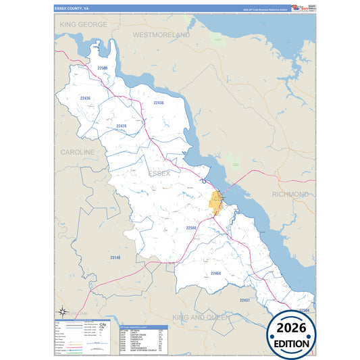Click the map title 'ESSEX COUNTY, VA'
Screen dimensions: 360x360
tap(72, 9)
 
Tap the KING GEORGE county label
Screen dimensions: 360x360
tap(83, 24)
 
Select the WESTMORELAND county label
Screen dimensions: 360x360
tap(161, 33)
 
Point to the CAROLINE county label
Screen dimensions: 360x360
tap(78, 153)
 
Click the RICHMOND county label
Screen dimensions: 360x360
tap(290, 194)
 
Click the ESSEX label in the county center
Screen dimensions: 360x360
tap(159, 174)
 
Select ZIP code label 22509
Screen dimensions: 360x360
tap(102, 68)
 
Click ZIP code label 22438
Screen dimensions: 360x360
tap(159, 103)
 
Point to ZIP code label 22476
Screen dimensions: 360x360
tap(121, 126)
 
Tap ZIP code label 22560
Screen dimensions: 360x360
tap(191, 228)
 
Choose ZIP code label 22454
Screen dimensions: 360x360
tap(215, 273)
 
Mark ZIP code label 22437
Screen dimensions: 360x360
tap(245, 299)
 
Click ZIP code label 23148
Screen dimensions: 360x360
tap(115, 257)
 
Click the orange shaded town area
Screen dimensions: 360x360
tap(216, 201)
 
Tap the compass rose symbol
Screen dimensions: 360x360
tap(62, 311)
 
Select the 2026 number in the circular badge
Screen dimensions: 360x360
tap(292, 328)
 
